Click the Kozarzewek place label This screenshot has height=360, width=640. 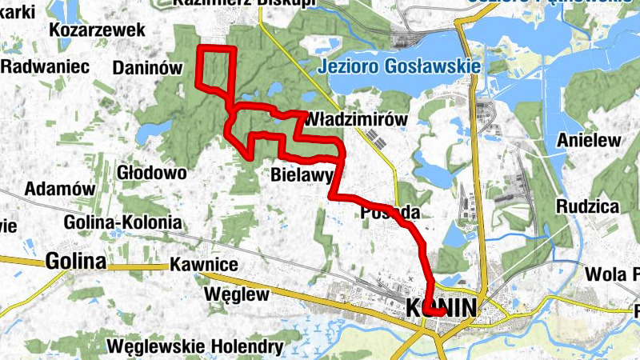[x=97, y=30]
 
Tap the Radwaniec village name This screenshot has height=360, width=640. [x=45, y=66]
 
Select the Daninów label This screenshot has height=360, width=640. [x=148, y=69]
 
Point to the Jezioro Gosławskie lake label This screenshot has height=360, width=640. [x=398, y=66]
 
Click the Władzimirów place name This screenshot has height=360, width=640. [x=357, y=119]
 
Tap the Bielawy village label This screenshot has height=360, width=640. [x=302, y=174]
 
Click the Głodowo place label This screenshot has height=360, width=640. [x=151, y=172]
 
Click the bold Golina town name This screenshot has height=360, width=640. [x=76, y=261]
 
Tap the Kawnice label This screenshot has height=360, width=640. [x=205, y=265]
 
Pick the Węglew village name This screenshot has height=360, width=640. [x=237, y=294]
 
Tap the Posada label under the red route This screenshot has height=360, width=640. [x=390, y=213]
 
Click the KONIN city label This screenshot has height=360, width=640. [x=442, y=307]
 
